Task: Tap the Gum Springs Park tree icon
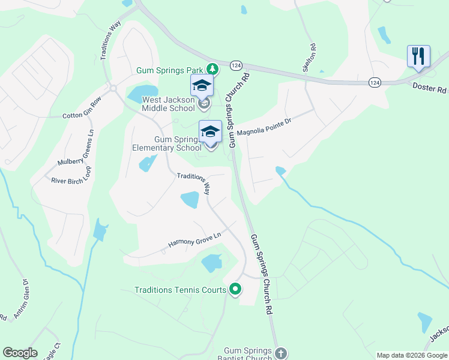(x=211, y=70)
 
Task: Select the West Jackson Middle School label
(x=168, y=104)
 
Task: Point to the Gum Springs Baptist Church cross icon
(x=282, y=353)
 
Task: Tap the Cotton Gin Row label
(x=82, y=112)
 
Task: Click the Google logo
(x=20, y=353)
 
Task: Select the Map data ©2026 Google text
(x=411, y=355)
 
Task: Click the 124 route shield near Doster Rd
(x=375, y=82)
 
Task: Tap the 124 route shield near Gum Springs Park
(x=237, y=64)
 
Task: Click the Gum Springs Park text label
(x=170, y=70)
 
